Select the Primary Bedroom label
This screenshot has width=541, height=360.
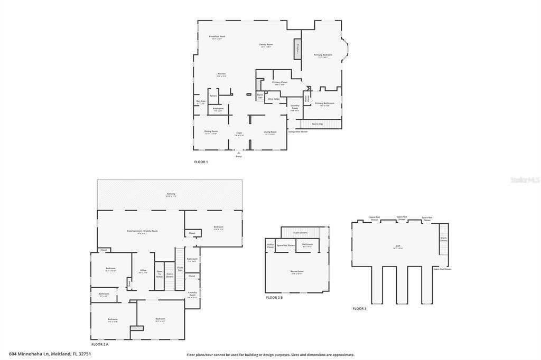323,55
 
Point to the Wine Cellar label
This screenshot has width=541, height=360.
274,99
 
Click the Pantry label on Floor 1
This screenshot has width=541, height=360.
213,96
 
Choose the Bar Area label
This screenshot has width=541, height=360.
201,102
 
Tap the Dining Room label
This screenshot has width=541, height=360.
211,132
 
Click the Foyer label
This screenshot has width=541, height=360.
239,133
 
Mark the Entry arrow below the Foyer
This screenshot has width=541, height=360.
239,153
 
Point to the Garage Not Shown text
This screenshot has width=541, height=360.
297,131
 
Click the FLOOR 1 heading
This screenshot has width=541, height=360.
201,162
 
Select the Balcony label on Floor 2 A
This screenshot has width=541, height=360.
171,194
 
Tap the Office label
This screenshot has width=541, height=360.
143,271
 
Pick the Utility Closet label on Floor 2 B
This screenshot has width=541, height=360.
270,245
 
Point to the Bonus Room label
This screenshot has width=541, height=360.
297,272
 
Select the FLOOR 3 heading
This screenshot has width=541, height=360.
359,308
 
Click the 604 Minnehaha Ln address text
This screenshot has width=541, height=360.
50,354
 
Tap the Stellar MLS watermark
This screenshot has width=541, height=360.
525,180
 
